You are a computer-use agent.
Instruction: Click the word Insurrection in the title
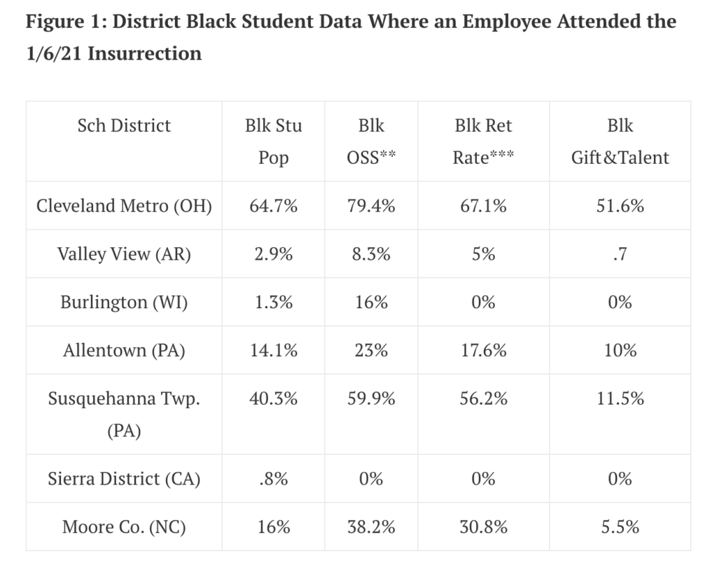coord(145,53)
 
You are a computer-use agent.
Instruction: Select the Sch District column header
coord(124,126)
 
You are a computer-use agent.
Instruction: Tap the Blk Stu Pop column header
coord(274,141)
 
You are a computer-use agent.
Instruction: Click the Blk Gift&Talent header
coord(620,141)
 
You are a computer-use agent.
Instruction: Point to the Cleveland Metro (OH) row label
coord(124,206)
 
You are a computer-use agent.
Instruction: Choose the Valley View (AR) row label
coord(124,254)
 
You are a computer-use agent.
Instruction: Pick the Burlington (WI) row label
coord(124,302)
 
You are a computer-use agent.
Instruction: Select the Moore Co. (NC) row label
coord(124,526)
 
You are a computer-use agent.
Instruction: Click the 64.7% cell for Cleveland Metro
coord(274,206)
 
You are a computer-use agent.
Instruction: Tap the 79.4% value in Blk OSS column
coord(371,206)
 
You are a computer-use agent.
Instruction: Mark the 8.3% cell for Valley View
coord(371,254)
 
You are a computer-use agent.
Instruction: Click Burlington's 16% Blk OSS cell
coord(371,302)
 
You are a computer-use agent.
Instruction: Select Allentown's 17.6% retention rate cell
coord(483,350)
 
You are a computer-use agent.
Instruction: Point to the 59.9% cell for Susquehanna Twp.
coord(371,398)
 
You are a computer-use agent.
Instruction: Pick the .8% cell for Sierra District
coord(274,479)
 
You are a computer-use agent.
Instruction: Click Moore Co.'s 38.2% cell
coord(371,526)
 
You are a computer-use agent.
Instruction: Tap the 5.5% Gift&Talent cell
coord(620,526)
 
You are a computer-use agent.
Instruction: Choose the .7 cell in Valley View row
coord(620,254)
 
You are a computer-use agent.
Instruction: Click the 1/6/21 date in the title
coord(54,53)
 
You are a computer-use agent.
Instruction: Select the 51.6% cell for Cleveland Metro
coord(620,206)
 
